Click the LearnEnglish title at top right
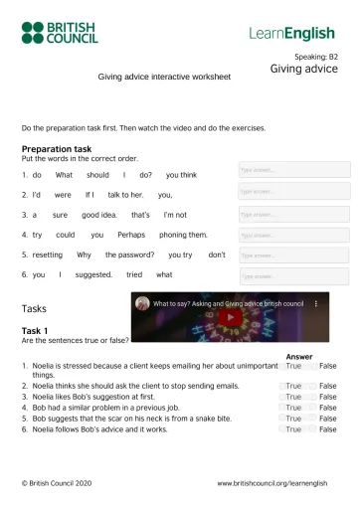pos(292,33)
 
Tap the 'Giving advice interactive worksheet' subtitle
pos(164,77)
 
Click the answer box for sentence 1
pos(293,170)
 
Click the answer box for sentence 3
pos(293,214)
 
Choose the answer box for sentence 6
pos(293,275)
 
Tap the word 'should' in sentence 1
pos(97,175)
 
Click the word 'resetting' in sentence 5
pos(47,254)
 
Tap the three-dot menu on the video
pos(316,302)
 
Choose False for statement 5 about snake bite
pos(327,419)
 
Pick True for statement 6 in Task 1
pos(293,429)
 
